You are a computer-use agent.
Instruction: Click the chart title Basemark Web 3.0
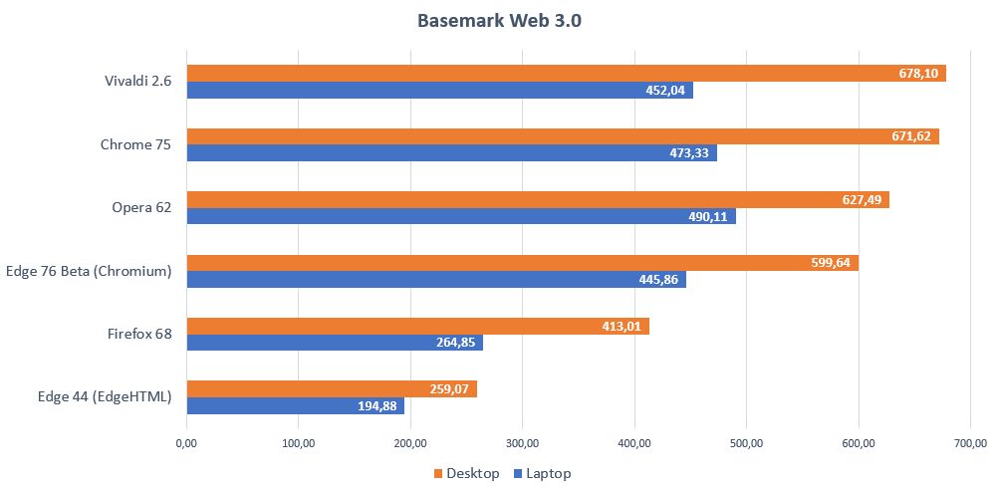coord(499,20)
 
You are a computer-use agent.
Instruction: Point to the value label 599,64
coord(833,263)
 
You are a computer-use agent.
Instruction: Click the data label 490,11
coord(710,216)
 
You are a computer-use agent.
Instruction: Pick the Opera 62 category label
coord(141,208)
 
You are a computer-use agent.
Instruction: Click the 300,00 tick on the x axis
coord(523,443)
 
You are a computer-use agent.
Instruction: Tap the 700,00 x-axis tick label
coord(971,443)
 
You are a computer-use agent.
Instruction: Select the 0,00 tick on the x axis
coord(186,443)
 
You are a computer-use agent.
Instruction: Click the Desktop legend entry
coord(467,474)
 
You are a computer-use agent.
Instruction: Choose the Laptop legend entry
coord(542,474)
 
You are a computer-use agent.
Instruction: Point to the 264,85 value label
coord(457,343)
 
